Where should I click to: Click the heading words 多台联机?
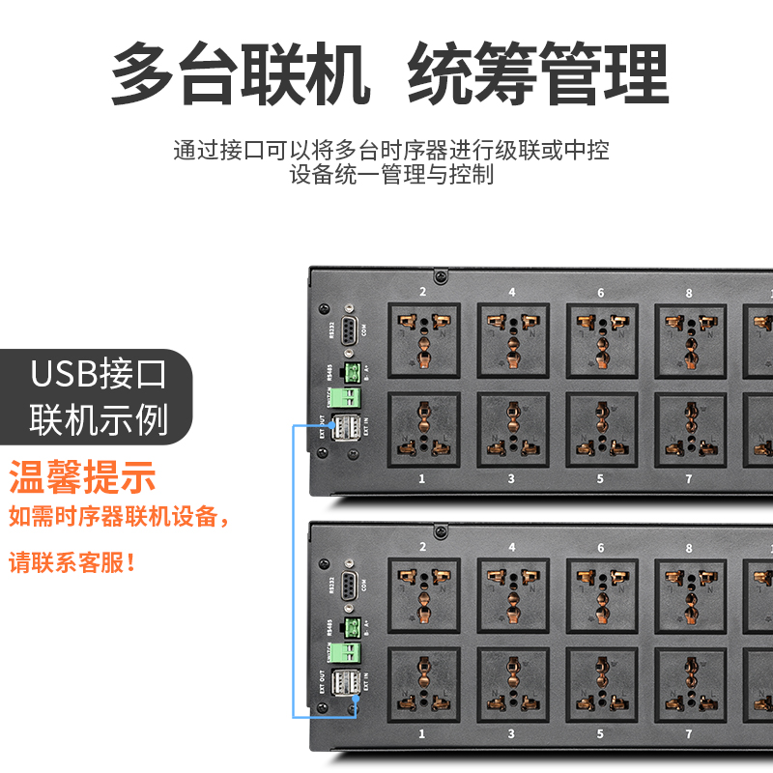[241, 74]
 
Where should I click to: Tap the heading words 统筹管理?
[538, 74]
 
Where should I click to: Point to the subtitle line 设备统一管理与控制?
[391, 175]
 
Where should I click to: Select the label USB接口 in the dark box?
[99, 373]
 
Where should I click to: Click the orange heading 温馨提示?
[82, 476]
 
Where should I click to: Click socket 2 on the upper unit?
[423, 339]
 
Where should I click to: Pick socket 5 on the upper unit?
[601, 429]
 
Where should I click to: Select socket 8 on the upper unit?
[690, 339]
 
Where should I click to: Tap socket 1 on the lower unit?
[423, 684]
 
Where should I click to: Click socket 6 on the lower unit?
[601, 594]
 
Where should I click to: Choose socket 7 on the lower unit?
[690, 684]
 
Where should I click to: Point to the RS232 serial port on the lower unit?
[350, 583]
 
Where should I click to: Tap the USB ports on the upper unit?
[347, 427]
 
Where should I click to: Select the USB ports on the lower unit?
[347, 682]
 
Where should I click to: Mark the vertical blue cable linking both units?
[294, 570]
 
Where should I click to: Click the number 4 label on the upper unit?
[512, 292]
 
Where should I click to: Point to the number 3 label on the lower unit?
[512, 734]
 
